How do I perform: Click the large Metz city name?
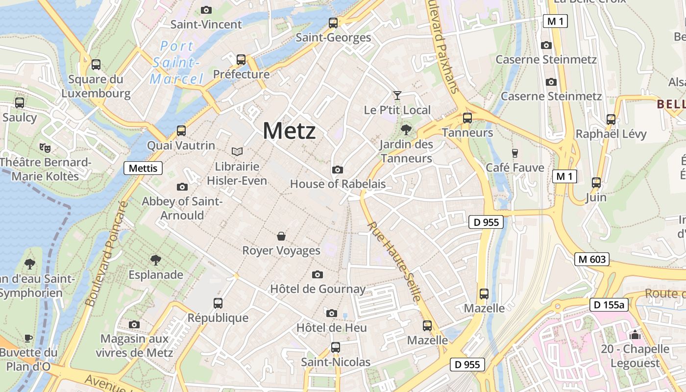[289, 131]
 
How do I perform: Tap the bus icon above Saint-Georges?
[333, 23]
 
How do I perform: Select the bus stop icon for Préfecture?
[241, 60]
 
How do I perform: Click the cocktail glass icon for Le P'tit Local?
[397, 96]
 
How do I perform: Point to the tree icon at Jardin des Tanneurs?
[406, 130]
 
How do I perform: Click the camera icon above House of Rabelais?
[337, 170]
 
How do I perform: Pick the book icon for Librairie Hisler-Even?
[237, 152]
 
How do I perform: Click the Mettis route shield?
[143, 169]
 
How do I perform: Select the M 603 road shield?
[591, 260]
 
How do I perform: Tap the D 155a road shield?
[609, 305]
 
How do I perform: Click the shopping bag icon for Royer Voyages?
[281, 236]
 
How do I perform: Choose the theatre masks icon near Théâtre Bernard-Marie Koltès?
[45, 147]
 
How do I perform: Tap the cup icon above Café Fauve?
[514, 153]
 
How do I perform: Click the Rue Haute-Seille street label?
[394, 262]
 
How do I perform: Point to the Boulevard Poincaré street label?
[106, 254]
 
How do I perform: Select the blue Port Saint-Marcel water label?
[177, 63]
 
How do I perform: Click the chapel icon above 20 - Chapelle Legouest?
[635, 335]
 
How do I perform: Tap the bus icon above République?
[218, 303]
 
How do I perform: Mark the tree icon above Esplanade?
[156, 260]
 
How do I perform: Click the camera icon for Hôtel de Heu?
[331, 313]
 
